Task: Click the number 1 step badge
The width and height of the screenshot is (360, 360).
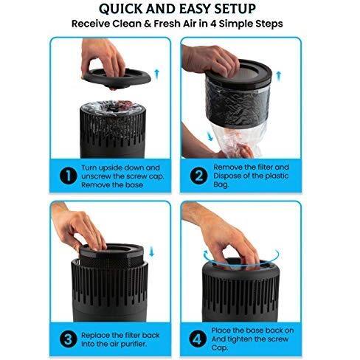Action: point(69,176)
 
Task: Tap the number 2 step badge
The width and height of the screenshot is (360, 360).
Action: point(198,176)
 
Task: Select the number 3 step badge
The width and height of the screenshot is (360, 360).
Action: point(69,339)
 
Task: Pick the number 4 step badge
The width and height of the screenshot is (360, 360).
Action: point(198,339)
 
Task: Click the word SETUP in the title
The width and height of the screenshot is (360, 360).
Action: point(235,9)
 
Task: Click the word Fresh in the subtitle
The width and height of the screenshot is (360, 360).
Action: point(168,24)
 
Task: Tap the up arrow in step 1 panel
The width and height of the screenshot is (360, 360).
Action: point(157,75)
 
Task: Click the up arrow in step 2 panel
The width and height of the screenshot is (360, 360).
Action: point(278,76)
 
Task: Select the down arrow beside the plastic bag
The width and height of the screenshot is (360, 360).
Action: point(210,136)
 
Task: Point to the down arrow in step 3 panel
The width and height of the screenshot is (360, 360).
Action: point(151,252)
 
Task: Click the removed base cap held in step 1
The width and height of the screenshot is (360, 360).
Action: point(116,77)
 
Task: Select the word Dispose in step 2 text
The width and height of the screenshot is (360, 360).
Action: point(226,176)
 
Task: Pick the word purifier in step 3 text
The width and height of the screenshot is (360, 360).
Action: point(134,345)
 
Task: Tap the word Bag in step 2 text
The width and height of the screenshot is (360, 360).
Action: point(221,185)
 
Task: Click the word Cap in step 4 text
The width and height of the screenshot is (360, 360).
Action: point(219,348)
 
